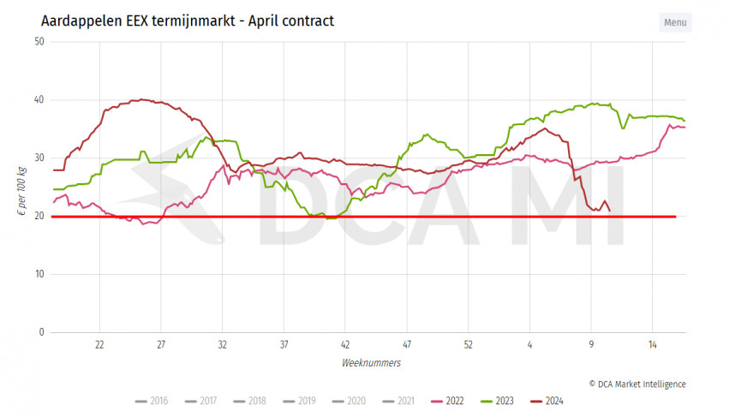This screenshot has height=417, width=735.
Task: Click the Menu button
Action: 675,22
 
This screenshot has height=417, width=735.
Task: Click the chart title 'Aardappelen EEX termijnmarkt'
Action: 187,20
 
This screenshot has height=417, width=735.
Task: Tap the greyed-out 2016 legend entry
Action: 152,401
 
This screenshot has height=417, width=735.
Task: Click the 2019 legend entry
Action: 300,401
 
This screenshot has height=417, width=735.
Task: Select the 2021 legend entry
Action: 398,401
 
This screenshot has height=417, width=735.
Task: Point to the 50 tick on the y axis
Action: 39,42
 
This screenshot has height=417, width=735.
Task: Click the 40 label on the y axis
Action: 39,100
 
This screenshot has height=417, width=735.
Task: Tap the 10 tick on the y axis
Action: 39,274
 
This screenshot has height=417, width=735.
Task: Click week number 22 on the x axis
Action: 99,344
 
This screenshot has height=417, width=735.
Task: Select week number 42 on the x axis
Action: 345,344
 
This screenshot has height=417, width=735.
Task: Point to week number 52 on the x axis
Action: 468,344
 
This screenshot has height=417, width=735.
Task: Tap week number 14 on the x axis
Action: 652,344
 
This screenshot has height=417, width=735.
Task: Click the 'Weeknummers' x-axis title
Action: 371,363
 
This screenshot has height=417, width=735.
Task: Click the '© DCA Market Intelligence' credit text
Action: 636,384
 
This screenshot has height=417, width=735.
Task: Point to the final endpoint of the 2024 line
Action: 609,211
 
